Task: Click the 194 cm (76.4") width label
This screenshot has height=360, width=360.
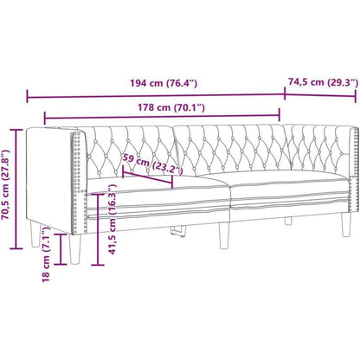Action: (x=164, y=83)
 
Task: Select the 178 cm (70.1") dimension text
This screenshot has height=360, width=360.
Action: (x=171, y=107)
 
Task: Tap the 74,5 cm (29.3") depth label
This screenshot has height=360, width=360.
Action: (x=323, y=82)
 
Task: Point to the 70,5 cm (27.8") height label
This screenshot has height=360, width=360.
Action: (x=6, y=184)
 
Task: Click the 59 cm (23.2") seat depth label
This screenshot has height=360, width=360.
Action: (x=152, y=164)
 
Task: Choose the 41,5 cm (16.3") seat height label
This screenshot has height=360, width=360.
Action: (x=112, y=220)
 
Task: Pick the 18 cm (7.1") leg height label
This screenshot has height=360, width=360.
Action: (x=46, y=254)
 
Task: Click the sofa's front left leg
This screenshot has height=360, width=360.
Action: (x=75, y=249)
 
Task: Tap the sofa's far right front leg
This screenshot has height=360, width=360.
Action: (x=346, y=225)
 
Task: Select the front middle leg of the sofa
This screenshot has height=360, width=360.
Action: (x=224, y=235)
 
